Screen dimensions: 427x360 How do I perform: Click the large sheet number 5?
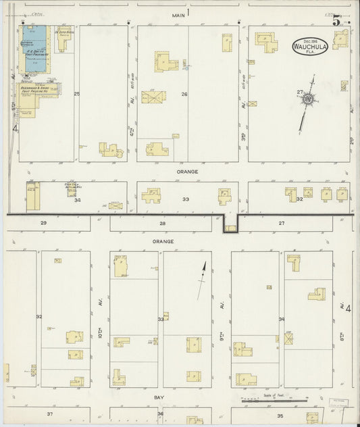(x=336, y=20)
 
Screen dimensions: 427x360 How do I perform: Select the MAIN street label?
(x=178, y=14)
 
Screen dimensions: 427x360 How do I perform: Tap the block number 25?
(x=76, y=93)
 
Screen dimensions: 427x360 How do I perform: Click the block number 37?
(x=49, y=413)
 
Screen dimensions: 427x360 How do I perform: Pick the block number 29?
(x=43, y=222)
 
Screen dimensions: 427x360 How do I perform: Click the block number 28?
(x=162, y=222)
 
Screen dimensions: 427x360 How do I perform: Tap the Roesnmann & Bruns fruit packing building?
(x=38, y=91)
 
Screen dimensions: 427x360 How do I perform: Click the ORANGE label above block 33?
(x=187, y=172)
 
